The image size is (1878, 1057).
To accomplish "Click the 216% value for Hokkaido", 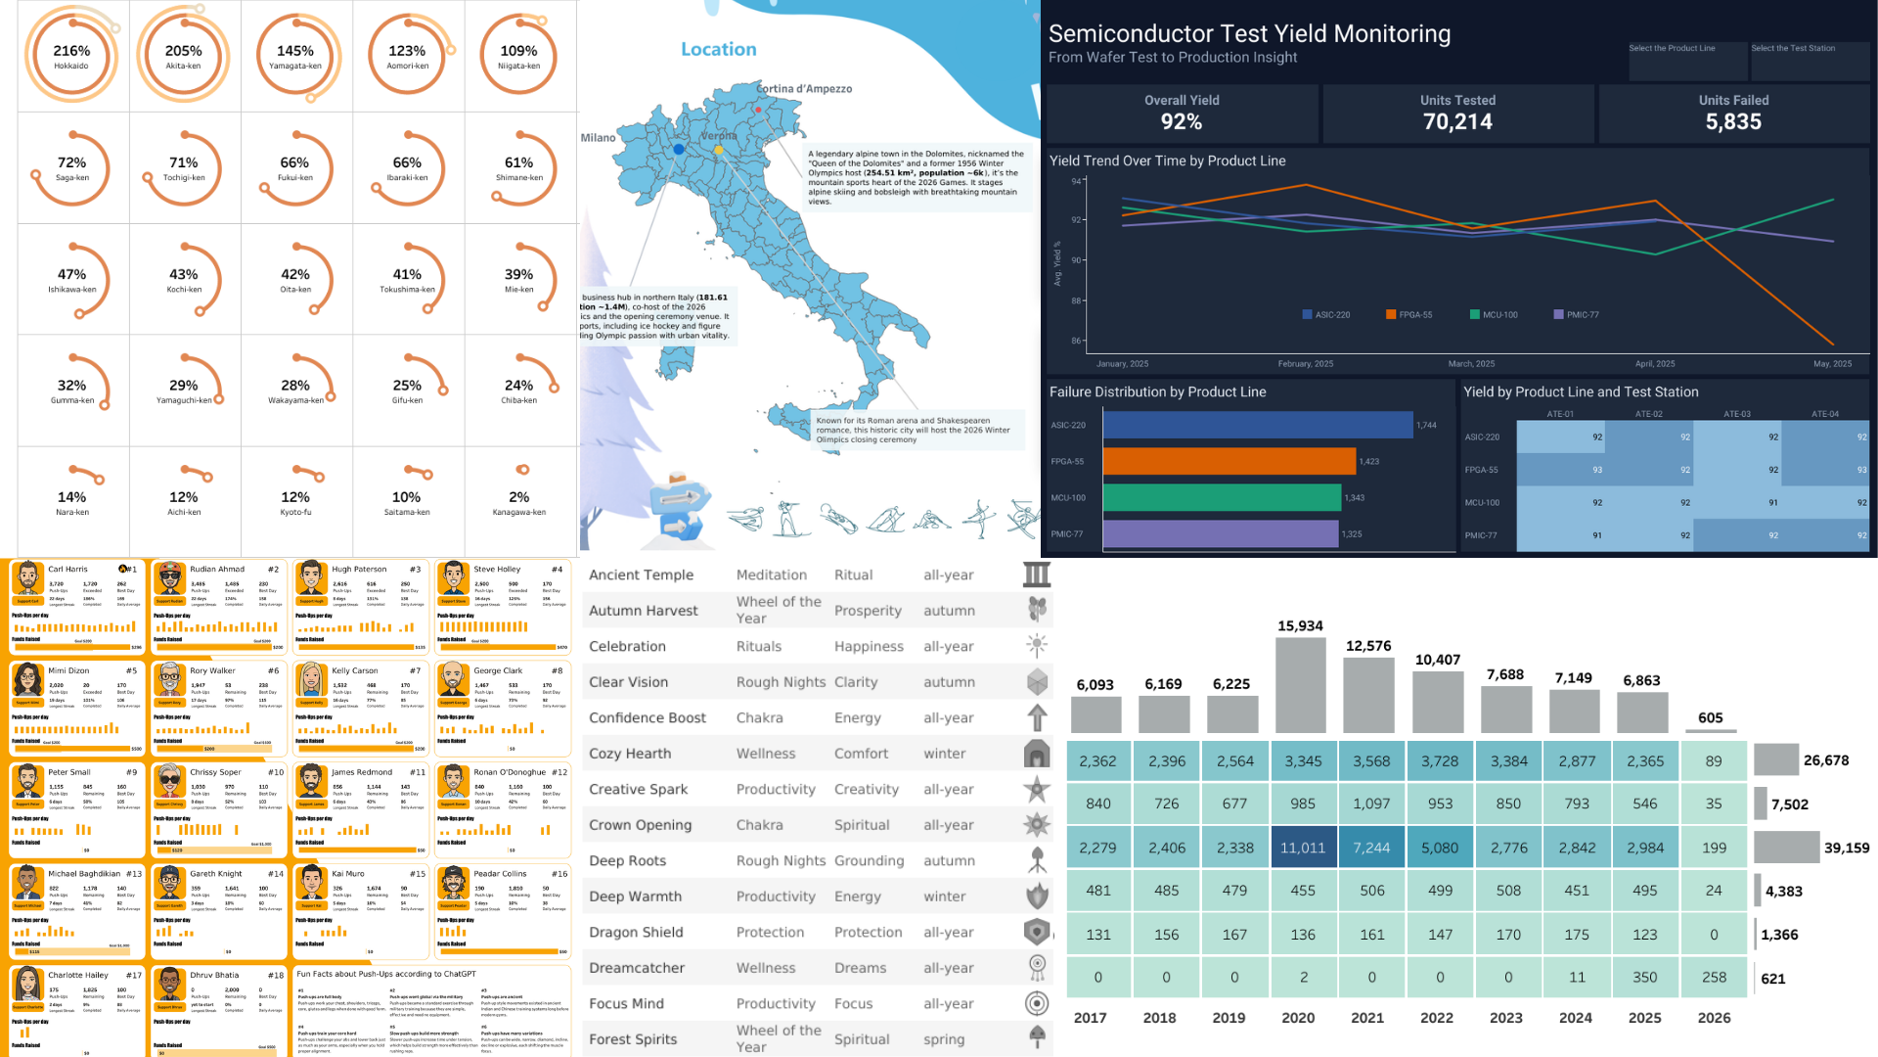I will [x=71, y=51].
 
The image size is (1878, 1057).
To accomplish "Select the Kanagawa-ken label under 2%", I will [x=518, y=512].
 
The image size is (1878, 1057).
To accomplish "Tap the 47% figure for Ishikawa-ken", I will [x=71, y=274].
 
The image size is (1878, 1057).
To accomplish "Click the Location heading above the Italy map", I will [x=718, y=49].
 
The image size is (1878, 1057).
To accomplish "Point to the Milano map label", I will [x=598, y=138].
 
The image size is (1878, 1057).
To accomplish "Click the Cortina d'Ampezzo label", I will [x=804, y=89].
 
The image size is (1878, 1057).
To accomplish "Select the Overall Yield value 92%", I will [x=1182, y=122].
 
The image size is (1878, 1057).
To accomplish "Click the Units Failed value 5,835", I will [x=1733, y=122].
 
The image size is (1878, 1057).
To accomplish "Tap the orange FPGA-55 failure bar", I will [x=1229, y=461].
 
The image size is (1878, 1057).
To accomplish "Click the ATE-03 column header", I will [x=1736, y=414].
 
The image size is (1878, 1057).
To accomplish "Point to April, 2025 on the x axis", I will [x=1655, y=364].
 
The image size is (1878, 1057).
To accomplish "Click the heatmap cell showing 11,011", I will [x=1303, y=848].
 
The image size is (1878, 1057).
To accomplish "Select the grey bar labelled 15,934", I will [x=1300, y=685].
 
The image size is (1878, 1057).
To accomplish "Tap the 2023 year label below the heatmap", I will [x=1506, y=1018].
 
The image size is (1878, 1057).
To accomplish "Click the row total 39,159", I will [x=1846, y=848].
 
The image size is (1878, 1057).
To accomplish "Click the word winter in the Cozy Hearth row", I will [x=944, y=754].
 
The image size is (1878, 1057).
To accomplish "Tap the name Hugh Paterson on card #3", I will [x=359, y=569].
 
